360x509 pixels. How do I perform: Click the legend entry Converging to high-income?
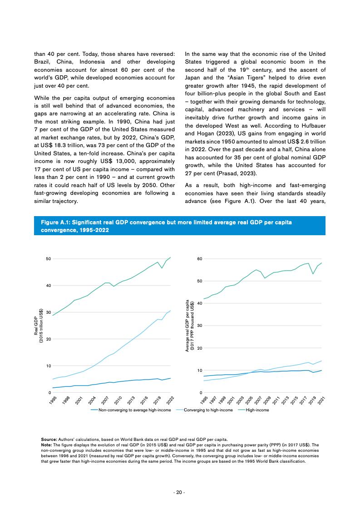point(208,410)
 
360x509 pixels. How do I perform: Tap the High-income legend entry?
point(257,410)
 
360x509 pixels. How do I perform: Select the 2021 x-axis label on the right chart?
point(321,400)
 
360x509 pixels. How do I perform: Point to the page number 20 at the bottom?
point(180,493)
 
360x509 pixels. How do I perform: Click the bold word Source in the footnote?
point(49,440)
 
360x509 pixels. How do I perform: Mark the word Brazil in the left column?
point(44,62)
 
